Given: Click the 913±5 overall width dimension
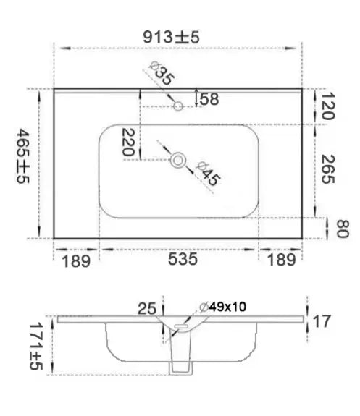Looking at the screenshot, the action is [x=171, y=37].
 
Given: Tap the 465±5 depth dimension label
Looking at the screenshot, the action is [x=23, y=156].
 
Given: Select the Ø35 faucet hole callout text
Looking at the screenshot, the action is [x=162, y=73].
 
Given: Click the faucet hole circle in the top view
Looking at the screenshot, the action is [x=178, y=106].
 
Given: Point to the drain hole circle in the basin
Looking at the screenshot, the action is [x=177, y=161].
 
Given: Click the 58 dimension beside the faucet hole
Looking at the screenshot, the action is [x=209, y=99].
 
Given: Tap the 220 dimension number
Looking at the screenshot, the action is [x=128, y=142].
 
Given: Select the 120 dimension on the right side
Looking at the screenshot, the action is [x=327, y=106].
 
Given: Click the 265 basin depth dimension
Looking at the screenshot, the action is [x=328, y=169].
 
